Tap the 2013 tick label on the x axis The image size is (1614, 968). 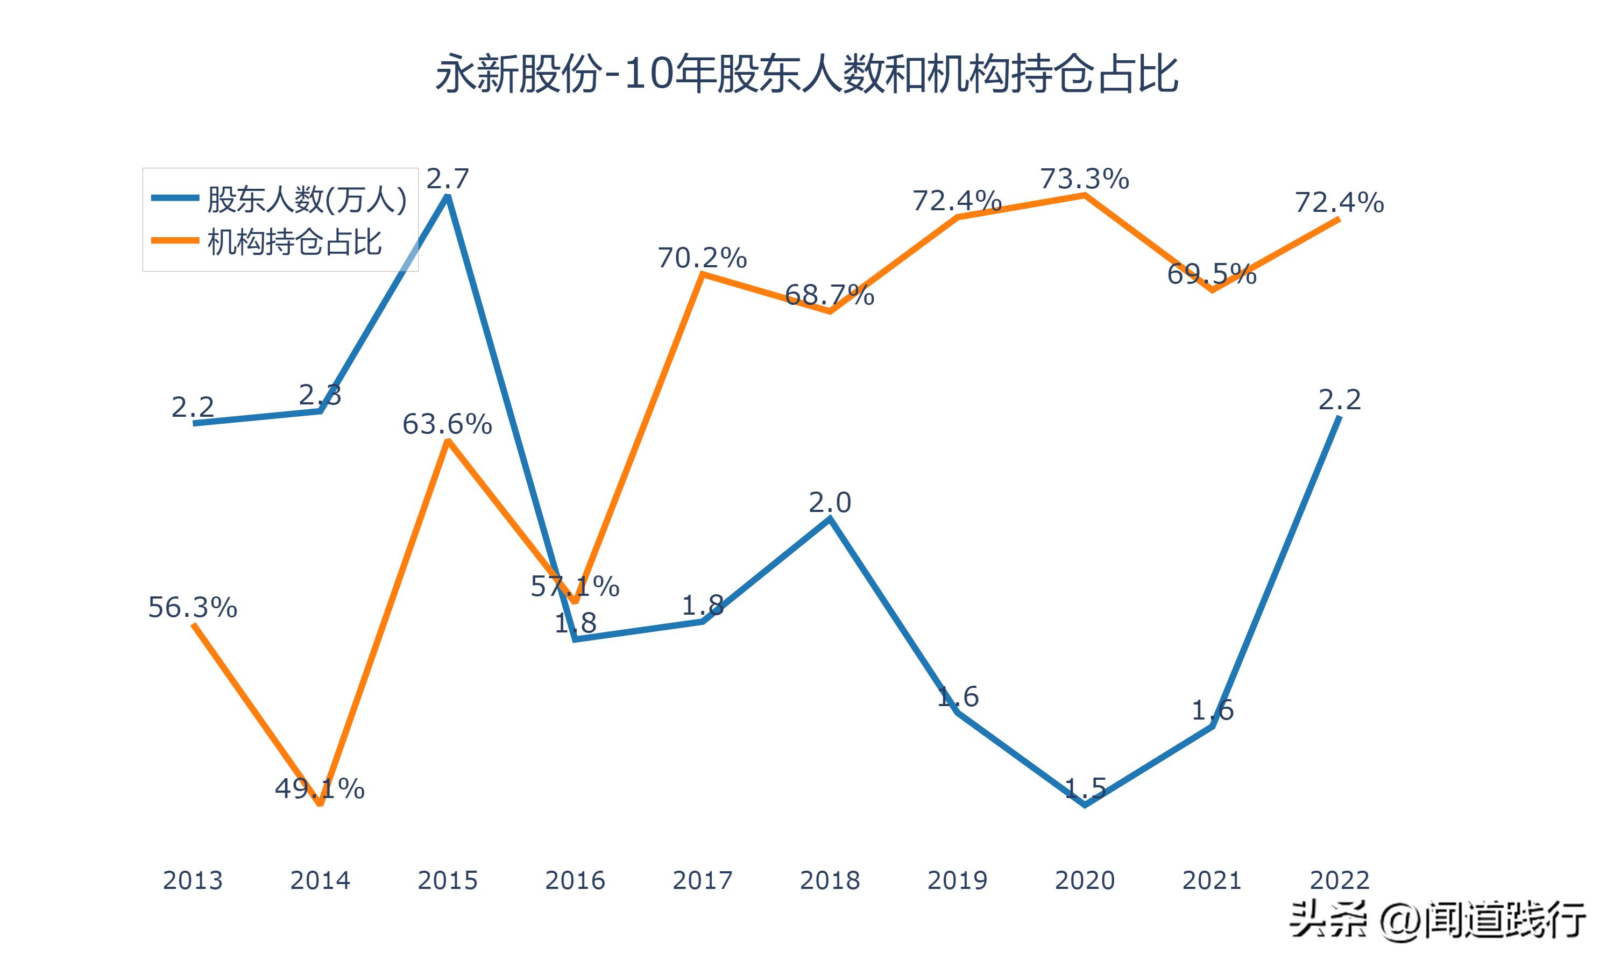coord(193,880)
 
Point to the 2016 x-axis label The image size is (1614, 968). coord(575,880)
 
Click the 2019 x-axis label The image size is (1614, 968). coord(957,880)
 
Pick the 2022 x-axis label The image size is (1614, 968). coord(1339,880)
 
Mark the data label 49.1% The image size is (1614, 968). coord(320,788)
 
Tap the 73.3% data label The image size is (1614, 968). coord(1084,179)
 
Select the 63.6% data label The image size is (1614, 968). coord(447,424)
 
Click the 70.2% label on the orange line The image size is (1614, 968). coord(702,258)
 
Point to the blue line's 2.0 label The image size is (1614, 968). coord(830,502)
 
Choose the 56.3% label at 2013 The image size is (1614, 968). coord(193,607)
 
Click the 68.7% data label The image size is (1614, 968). coord(829,295)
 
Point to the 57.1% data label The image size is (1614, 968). coord(575,586)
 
